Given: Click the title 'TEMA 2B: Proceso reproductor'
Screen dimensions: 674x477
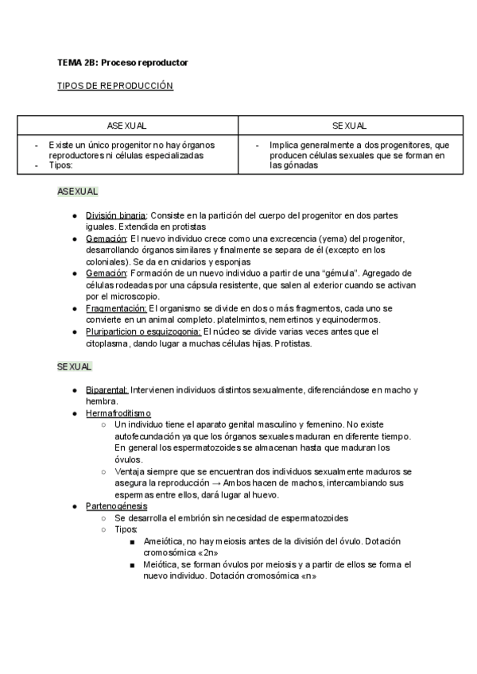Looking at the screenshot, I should click(122, 62).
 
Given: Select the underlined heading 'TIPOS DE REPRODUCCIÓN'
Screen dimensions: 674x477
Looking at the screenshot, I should click(114, 85).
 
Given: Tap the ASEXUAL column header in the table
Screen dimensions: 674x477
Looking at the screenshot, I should click(127, 126).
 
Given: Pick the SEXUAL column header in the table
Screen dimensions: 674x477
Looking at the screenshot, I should click(350, 126).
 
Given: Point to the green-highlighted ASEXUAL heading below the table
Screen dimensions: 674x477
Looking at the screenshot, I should click(77, 192).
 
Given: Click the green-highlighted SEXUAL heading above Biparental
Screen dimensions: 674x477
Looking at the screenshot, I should click(74, 366).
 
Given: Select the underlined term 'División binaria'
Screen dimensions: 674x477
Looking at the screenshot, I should click(115, 215).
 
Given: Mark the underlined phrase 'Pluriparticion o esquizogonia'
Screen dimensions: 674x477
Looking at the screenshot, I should click(143, 331).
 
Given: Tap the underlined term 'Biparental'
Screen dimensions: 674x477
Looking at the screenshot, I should click(107, 390).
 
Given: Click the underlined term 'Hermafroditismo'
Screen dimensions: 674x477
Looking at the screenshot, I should click(118, 413).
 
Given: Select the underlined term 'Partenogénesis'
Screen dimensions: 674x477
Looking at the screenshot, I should click(116, 506).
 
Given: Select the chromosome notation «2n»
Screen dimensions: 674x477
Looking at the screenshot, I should click(205, 552).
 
